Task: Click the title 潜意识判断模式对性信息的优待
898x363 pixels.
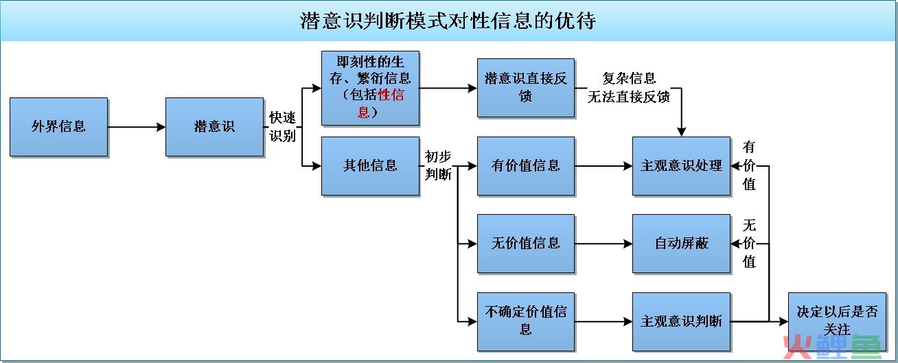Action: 448,21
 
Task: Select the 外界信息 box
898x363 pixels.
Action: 58,127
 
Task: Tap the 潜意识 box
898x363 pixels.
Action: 214,127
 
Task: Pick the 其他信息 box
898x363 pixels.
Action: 371,166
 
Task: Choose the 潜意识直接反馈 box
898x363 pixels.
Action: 526,88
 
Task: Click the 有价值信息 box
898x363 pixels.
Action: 526,166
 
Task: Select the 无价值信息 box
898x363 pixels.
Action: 526,244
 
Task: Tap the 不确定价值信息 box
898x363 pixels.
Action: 526,322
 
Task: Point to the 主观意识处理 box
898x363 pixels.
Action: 681,166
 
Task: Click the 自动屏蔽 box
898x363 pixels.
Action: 681,244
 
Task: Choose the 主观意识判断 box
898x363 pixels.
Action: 681,322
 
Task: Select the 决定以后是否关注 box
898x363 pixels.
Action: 837,322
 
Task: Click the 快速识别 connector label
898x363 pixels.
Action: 282,127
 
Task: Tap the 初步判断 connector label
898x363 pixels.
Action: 438,165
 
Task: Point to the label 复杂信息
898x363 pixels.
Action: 629,78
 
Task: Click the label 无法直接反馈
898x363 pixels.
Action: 629,97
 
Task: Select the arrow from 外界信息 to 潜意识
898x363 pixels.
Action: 137,127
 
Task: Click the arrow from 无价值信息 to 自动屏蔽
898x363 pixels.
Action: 603,244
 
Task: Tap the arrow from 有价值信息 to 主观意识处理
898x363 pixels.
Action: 603,166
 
